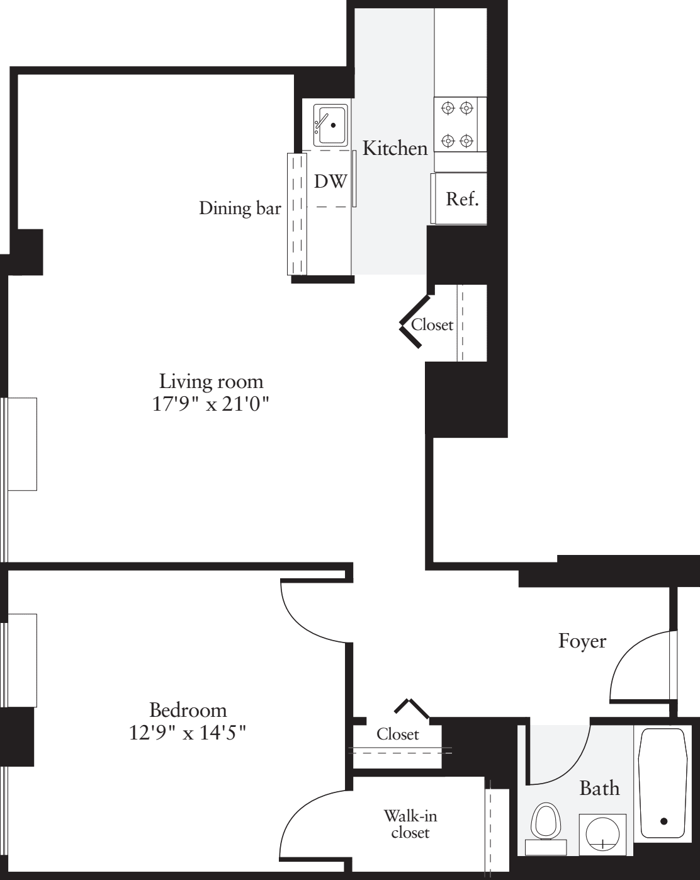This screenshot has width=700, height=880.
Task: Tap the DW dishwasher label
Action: tap(330, 181)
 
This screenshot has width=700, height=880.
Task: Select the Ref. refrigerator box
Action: tap(462, 199)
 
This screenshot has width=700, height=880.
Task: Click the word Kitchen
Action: tap(395, 149)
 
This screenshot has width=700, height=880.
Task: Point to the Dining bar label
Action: tap(240, 209)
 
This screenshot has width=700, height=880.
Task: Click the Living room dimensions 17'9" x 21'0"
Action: tap(211, 404)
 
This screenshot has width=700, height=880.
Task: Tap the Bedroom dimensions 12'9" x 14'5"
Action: tap(188, 733)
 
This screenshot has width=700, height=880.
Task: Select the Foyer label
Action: tap(582, 641)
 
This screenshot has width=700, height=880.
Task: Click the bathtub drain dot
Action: tap(663, 821)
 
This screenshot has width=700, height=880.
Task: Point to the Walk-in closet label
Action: tap(410, 824)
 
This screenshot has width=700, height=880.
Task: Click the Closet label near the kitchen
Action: tap(432, 325)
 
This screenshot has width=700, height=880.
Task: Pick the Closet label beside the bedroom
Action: tap(398, 734)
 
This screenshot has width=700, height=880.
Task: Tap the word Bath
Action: tap(599, 788)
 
